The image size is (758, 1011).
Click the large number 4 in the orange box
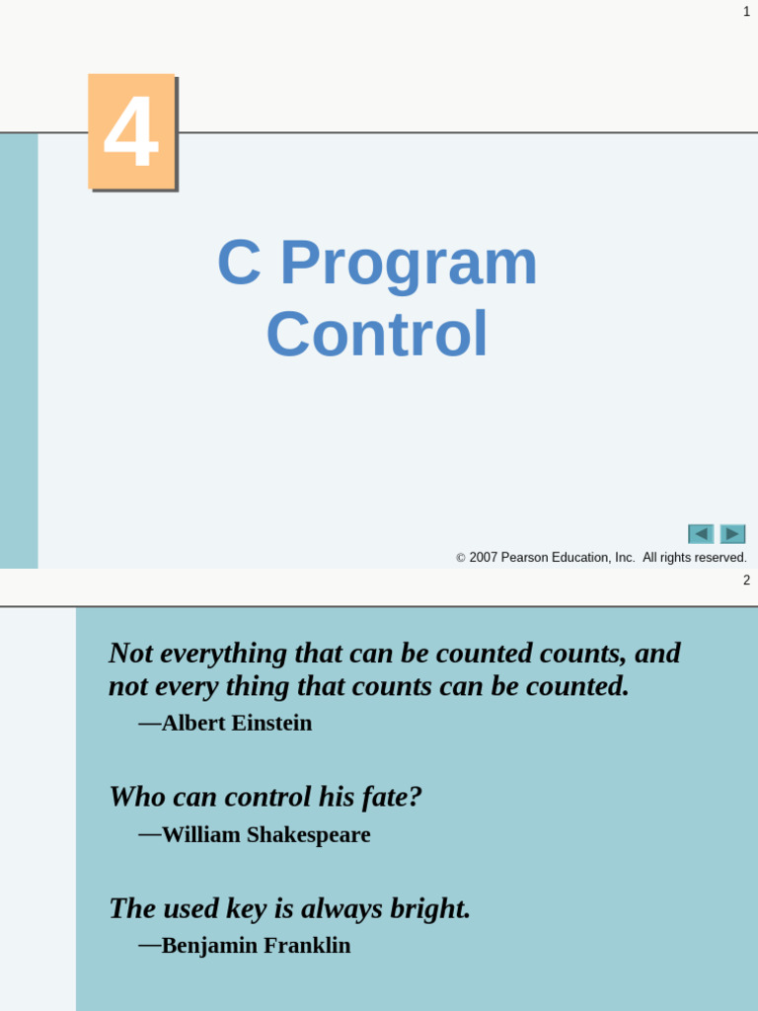point(131,131)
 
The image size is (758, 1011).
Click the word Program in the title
point(409,264)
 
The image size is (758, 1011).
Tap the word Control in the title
point(377,335)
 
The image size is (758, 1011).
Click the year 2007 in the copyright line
point(483,558)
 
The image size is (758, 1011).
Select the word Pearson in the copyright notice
point(524,558)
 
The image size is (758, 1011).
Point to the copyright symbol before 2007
point(461,559)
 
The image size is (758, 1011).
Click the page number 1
point(746,12)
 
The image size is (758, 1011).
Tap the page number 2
point(746,581)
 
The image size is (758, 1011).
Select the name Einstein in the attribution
point(271,724)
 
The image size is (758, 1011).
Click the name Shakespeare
point(309,835)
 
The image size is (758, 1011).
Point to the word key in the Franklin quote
point(247,908)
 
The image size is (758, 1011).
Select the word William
point(200,835)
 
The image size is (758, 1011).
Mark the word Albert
point(193,724)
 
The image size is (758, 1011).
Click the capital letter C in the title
point(239,264)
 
